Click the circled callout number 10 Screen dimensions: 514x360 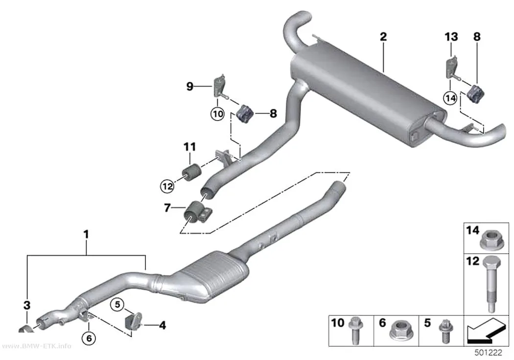[217, 114]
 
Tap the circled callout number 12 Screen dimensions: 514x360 [167, 187]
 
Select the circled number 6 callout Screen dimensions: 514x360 [89, 337]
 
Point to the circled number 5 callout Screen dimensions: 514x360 [117, 305]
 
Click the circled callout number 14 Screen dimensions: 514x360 [450, 97]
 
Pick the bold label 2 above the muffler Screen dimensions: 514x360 [383, 36]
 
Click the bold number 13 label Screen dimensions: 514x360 [451, 36]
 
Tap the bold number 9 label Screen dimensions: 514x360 [189, 87]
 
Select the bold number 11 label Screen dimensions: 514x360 [189, 146]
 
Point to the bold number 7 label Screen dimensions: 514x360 [167, 208]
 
